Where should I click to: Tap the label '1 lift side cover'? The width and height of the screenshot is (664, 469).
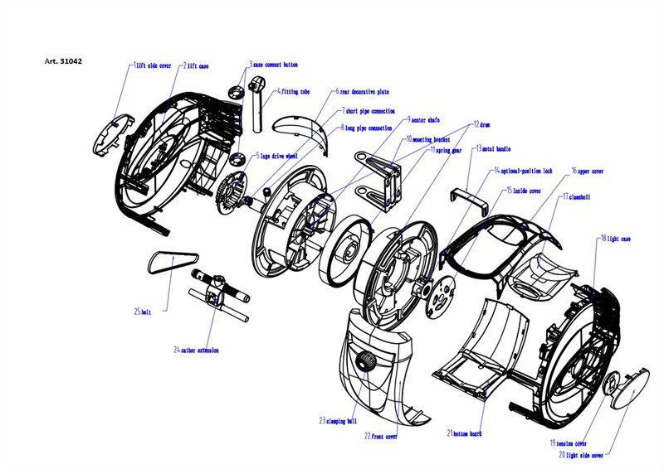pyautogui.click(x=152, y=65)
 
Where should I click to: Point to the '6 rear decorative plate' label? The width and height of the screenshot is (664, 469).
pyautogui.click(x=363, y=92)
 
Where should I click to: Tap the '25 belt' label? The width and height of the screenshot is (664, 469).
pyautogui.click(x=144, y=312)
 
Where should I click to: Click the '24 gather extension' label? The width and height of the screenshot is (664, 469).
pyautogui.click(x=197, y=350)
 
